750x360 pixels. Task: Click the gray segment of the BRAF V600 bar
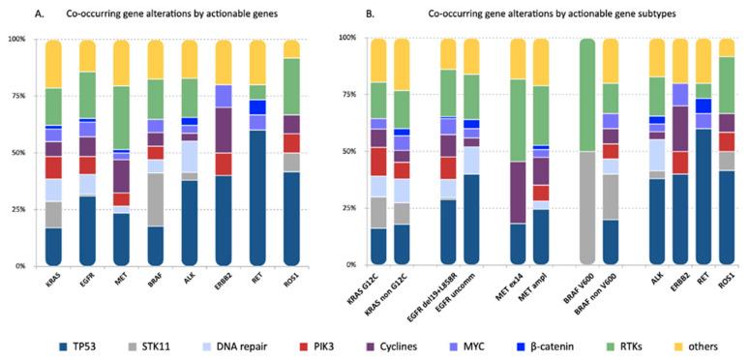point(587,208)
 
